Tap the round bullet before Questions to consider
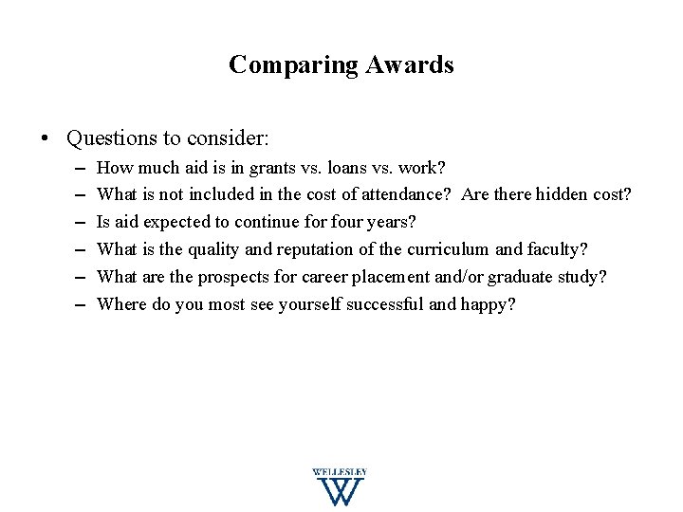point(46,138)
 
